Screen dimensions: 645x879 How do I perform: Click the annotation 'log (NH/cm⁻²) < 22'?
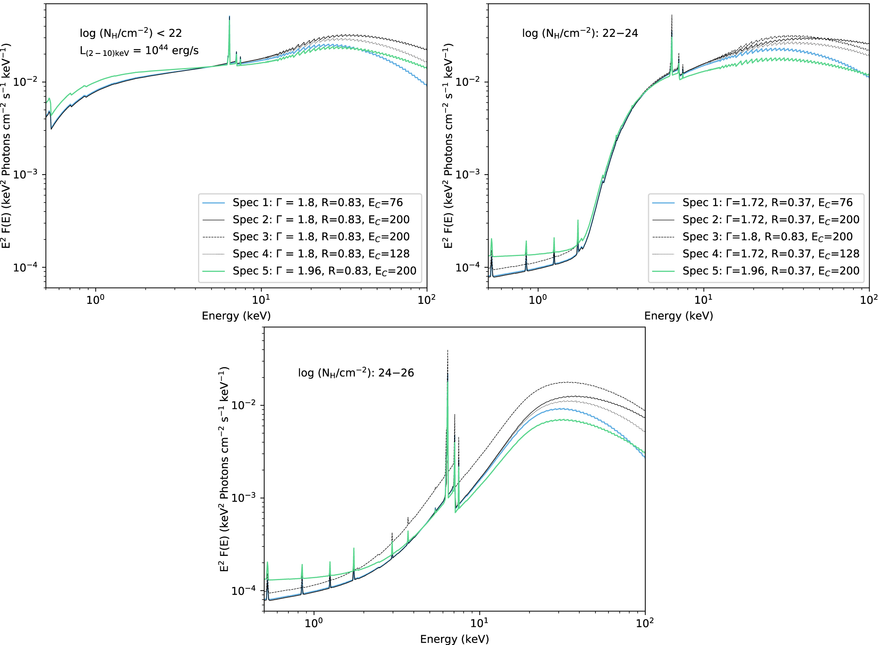click(x=131, y=33)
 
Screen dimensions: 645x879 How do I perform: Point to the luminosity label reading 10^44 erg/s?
click(x=139, y=51)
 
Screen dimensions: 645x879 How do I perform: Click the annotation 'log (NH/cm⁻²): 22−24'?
click(x=580, y=33)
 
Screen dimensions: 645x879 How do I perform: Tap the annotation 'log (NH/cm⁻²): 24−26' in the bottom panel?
click(x=356, y=372)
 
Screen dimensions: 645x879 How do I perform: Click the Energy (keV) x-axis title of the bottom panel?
click(x=454, y=639)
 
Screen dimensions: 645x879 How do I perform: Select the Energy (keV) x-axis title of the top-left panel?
click(x=236, y=316)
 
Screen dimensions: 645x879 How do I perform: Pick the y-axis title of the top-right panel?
click(x=448, y=146)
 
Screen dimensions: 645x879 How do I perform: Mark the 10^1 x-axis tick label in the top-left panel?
click(x=261, y=300)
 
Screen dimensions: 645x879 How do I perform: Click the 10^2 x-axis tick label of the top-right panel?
click(x=869, y=300)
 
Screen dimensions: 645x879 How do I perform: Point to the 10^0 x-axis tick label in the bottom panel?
click(x=314, y=623)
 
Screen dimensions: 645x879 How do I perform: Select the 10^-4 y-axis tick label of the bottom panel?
click(x=243, y=591)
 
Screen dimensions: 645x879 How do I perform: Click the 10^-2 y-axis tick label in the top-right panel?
click(x=467, y=81)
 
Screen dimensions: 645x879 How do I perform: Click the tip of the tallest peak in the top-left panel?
click(x=229, y=16)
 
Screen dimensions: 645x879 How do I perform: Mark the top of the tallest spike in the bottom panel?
click(x=447, y=350)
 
